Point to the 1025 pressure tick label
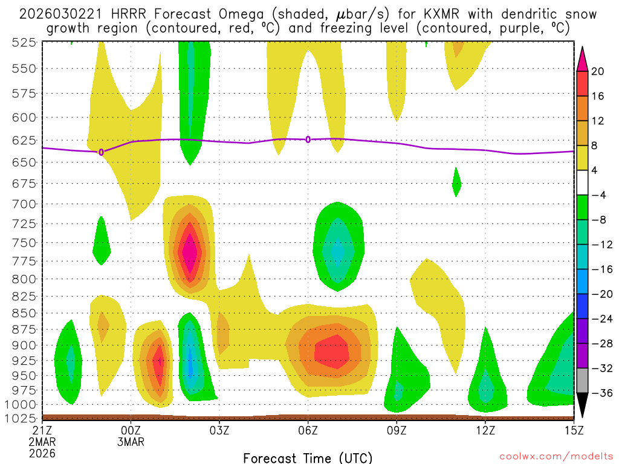pyautogui.click(x=22, y=417)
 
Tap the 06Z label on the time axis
pyautogui.click(x=308, y=431)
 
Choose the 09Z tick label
pyautogui.click(x=397, y=431)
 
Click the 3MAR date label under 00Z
pyautogui.click(x=131, y=442)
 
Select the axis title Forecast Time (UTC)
pyautogui.click(x=308, y=457)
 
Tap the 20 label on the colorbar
pyautogui.click(x=598, y=71)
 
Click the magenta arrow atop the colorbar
pyautogui.click(x=583, y=57)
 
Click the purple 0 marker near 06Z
pyautogui.click(x=308, y=140)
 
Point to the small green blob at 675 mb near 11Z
pyautogui.click(x=456, y=181)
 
